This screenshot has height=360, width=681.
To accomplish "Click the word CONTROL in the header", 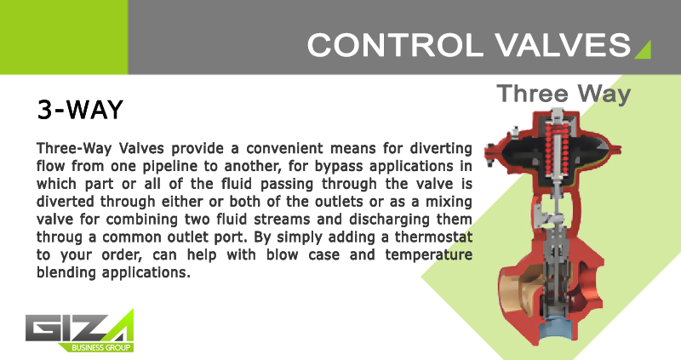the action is (395, 45).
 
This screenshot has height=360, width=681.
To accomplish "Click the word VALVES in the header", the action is (563, 45).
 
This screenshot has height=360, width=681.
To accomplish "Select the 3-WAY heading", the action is (80, 110).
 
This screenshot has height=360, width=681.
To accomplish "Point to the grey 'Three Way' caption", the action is (564, 94).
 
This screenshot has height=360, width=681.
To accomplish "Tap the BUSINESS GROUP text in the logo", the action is (100, 347).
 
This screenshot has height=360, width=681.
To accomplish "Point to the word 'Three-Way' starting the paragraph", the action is (74, 149).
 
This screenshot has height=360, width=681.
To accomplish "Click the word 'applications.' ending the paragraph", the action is (146, 273).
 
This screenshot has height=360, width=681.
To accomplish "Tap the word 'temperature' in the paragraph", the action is (429, 255).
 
